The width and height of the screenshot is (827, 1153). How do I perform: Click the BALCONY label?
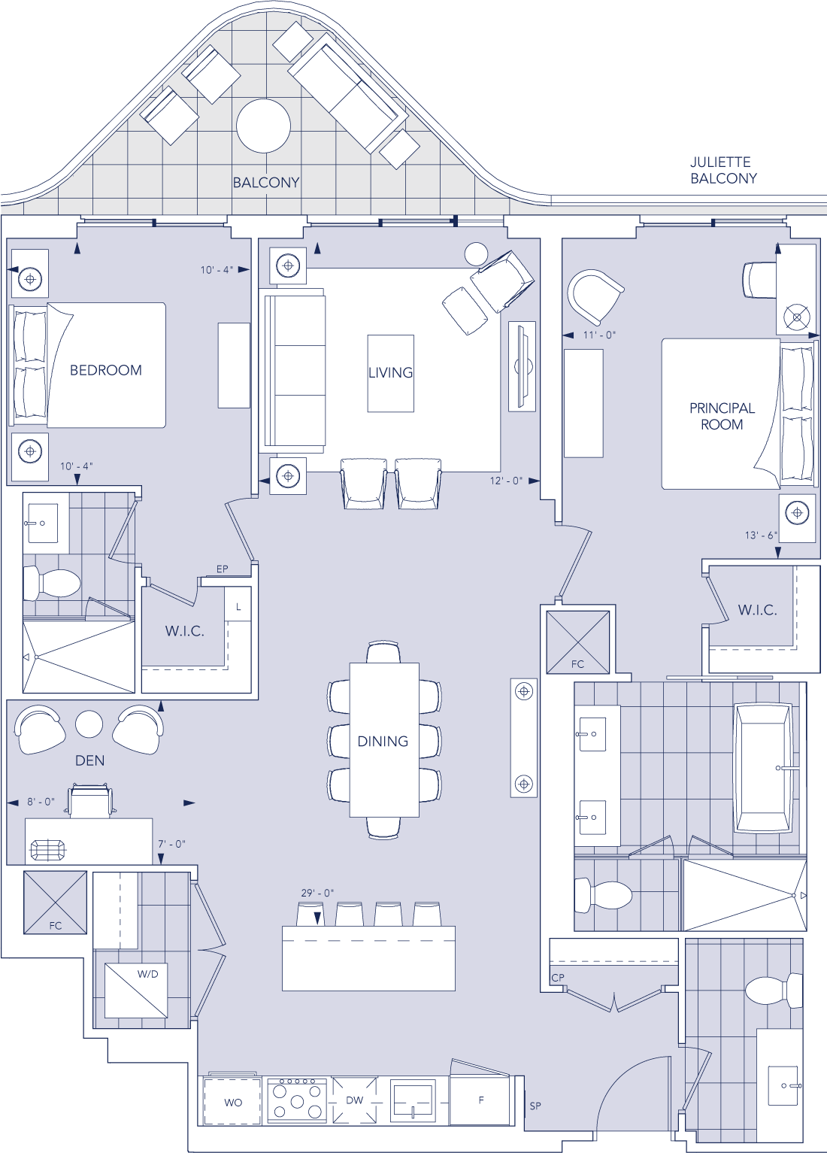click(x=266, y=183)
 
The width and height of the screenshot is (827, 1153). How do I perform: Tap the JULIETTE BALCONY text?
click(x=723, y=171)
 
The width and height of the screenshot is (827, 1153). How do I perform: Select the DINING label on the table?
click(x=383, y=742)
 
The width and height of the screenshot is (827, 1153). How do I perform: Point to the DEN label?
click(x=90, y=761)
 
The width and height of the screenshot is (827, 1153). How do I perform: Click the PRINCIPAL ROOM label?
click(x=722, y=417)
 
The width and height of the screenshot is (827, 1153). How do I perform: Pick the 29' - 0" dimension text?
click(x=317, y=893)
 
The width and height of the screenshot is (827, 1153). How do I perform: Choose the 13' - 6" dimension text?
click(x=761, y=536)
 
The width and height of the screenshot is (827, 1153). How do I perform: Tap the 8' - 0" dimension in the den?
click(x=41, y=802)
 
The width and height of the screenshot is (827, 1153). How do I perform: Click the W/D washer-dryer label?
click(x=147, y=974)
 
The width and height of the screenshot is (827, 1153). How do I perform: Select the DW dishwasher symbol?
click(x=354, y=1100)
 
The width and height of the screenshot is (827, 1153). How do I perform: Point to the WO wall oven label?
click(x=233, y=1103)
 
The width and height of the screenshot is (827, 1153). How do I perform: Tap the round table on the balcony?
click(x=263, y=126)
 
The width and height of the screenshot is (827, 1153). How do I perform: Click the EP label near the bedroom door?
click(x=222, y=569)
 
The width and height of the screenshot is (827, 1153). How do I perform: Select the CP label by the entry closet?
click(x=558, y=978)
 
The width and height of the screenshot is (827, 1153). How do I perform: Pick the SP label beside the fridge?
click(x=535, y=1106)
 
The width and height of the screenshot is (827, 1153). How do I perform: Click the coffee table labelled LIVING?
click(x=391, y=373)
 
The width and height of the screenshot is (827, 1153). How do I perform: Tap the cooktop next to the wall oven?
click(x=298, y=1100)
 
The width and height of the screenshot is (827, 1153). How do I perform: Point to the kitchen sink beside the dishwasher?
click(x=413, y=1101)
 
